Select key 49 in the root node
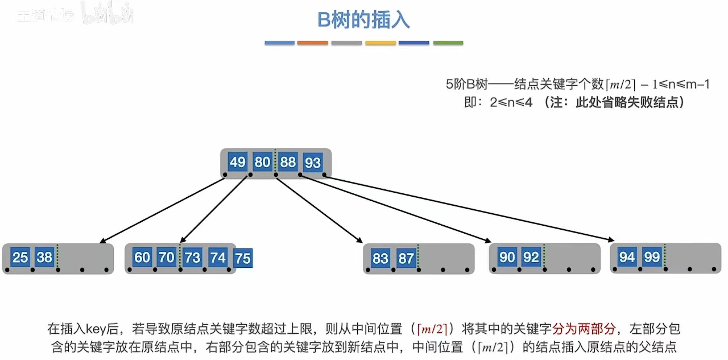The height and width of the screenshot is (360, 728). [x=237, y=162]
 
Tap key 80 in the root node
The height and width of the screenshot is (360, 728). [x=262, y=162]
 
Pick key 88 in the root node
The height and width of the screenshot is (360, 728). [x=288, y=162]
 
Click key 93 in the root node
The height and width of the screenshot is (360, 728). [x=312, y=163]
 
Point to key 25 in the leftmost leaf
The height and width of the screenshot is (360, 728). [x=20, y=257]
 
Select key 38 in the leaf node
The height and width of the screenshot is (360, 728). [x=44, y=257]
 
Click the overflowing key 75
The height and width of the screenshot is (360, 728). [x=243, y=258]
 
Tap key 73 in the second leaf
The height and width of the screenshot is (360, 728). [x=192, y=258]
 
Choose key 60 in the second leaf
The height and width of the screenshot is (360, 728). [x=142, y=257]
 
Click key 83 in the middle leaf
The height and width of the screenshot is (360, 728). [x=380, y=258]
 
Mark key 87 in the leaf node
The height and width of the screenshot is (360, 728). [x=406, y=258]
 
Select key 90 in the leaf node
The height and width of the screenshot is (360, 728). [x=507, y=257]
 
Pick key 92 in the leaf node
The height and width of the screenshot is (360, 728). [x=531, y=257]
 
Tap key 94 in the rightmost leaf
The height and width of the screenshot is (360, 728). [x=627, y=257]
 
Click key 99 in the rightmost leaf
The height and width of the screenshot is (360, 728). [x=652, y=257]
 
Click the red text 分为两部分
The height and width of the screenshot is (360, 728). [x=584, y=329]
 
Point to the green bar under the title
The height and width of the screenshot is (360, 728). [x=448, y=43]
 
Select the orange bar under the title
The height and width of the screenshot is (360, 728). [x=312, y=43]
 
